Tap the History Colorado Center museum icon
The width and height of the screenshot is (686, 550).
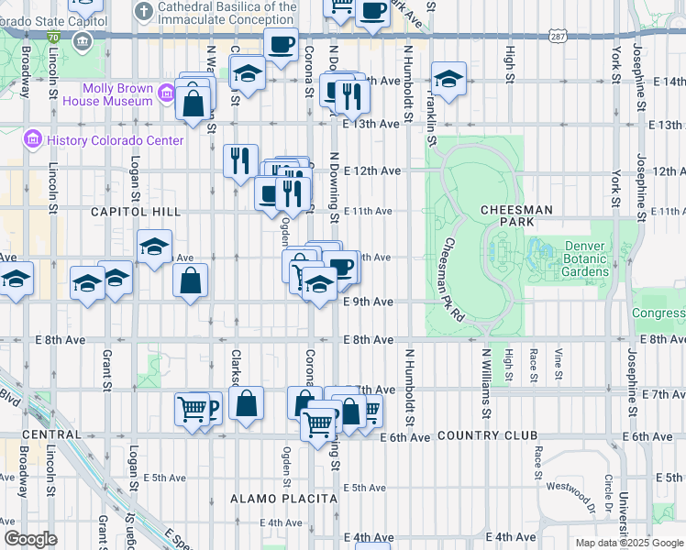point(33,140)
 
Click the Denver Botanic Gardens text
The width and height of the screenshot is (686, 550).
point(586,258)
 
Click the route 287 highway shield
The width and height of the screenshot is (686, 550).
point(558,36)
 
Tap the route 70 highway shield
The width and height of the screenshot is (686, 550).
point(54,37)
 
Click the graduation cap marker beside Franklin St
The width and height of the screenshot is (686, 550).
point(448,79)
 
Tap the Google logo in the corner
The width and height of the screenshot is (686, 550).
point(30,539)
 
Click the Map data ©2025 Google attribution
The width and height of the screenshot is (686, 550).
point(629,543)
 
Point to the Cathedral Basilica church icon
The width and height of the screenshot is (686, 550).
point(143,11)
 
